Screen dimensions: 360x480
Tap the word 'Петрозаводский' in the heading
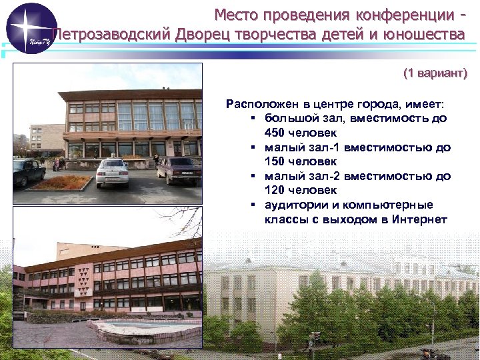111,34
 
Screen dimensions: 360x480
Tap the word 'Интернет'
419,219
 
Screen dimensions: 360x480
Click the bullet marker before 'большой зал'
255,118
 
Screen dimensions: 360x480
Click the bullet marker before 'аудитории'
255,205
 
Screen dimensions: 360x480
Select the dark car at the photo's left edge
28,171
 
